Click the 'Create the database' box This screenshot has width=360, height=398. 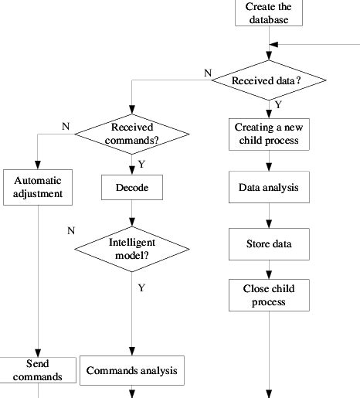coord(268,13)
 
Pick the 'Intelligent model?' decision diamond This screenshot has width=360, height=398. coord(131,249)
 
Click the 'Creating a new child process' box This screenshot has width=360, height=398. coord(268,134)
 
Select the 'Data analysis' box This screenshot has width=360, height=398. coord(268,187)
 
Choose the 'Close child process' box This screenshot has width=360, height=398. coord(268,294)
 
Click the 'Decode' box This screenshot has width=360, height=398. coord(131,186)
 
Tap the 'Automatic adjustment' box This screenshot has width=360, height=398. coord(37,187)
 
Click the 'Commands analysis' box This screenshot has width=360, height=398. coord(131,370)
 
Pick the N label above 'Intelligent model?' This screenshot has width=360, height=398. coord(71,230)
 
